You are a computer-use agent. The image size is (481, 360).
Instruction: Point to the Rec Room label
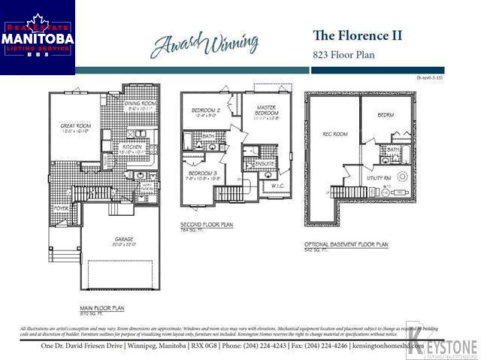(x=335, y=134)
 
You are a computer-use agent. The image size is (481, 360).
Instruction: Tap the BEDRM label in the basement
(x=386, y=115)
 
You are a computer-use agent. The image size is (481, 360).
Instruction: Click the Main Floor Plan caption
(x=102, y=308)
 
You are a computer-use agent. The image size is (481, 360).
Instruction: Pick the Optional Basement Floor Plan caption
(x=346, y=244)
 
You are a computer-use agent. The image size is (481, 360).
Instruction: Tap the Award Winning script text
(x=204, y=44)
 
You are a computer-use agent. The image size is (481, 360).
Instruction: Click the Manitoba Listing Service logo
(x=38, y=38)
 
